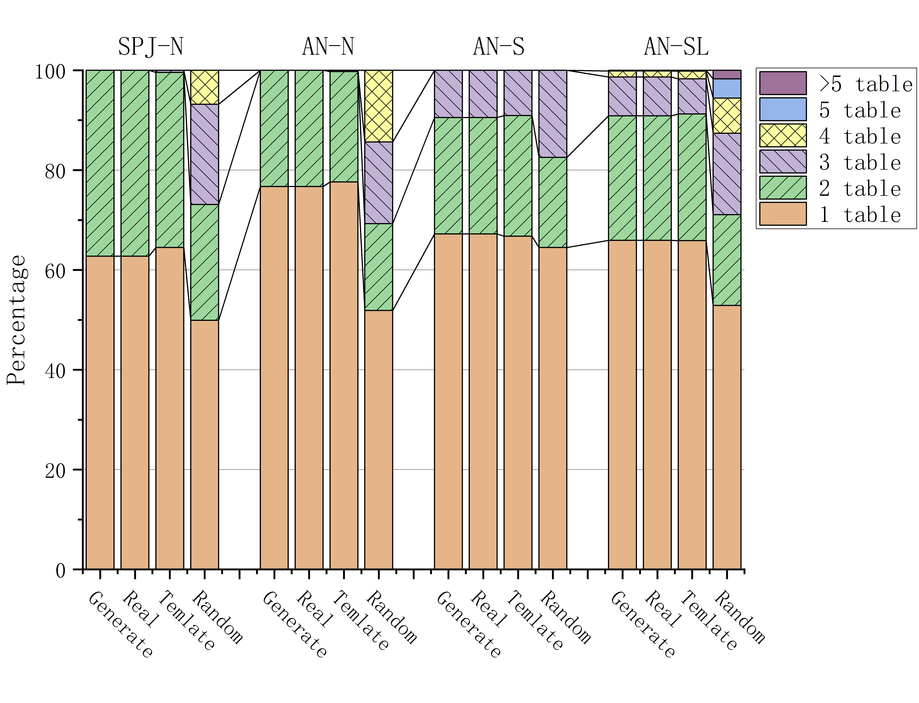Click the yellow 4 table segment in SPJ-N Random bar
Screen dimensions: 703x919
coord(205,87)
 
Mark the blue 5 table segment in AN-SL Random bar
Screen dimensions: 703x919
coord(727,88)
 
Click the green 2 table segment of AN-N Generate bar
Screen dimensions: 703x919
coord(274,128)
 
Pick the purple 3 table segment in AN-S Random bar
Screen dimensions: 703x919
coord(553,114)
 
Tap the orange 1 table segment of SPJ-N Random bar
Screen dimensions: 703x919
coord(205,444)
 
